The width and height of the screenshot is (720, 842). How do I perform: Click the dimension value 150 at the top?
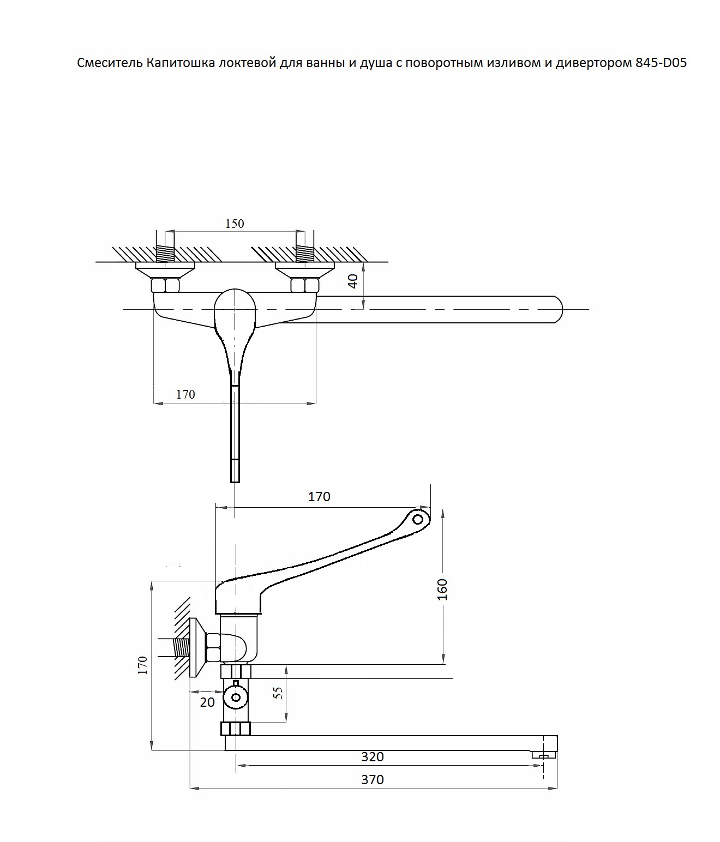235,224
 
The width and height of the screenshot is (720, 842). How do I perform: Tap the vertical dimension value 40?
353,281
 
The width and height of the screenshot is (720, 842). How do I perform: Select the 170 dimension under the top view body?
185,394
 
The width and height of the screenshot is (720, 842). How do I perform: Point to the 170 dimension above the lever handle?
319,497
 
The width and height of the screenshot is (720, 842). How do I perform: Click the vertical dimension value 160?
442,590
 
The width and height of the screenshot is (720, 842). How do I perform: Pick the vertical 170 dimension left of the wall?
142,666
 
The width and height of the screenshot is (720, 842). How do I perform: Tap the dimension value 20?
207,702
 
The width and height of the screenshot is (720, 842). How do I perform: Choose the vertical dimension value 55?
278,693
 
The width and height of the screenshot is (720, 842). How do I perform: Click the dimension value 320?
373,756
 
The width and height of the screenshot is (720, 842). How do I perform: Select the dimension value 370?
373,779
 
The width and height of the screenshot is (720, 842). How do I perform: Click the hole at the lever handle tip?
418,519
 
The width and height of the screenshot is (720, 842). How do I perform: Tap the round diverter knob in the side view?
236,697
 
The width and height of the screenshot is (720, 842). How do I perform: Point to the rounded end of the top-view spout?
558,310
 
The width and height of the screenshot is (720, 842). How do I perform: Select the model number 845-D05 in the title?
661,63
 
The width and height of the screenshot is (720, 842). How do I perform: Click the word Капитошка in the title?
181,63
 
